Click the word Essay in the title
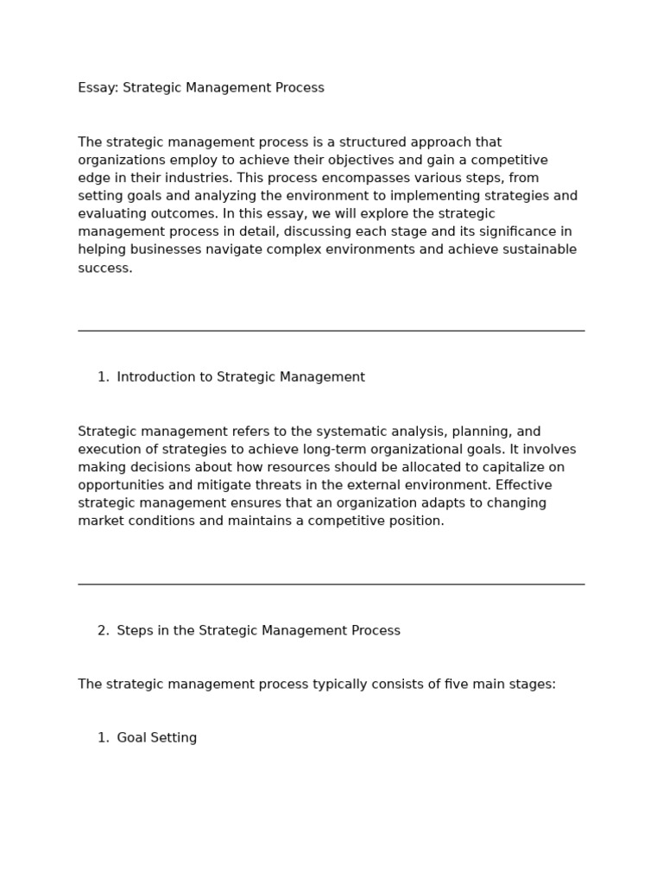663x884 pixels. point(98,88)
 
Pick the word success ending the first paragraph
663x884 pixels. point(104,268)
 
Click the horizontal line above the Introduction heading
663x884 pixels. point(331,331)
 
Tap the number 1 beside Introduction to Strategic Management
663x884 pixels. point(103,377)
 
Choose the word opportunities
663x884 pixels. point(120,486)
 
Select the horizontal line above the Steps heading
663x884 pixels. point(331,584)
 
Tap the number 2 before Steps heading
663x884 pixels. point(103,631)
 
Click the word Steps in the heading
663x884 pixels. point(135,631)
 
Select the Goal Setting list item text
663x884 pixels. point(156,738)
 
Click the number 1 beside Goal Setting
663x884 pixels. point(103,738)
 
